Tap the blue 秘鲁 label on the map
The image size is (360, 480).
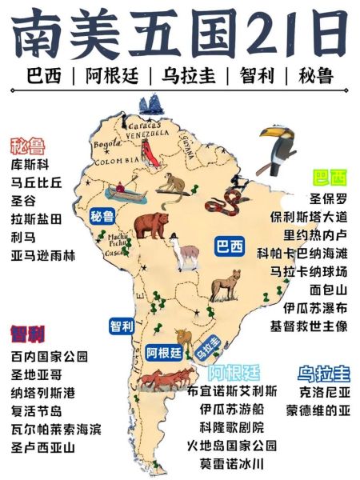[102, 216]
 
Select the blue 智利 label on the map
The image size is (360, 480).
[122, 326]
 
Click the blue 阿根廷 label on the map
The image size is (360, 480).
[165, 351]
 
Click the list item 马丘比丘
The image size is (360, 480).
[36, 182]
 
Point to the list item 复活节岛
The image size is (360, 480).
[36, 411]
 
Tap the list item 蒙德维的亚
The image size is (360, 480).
[323, 411]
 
